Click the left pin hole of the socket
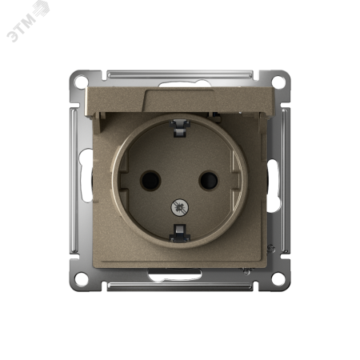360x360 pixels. tap(150, 181)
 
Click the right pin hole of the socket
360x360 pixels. tap(209, 181)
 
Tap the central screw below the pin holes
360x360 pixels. tap(179, 207)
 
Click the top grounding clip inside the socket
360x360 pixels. tap(180, 128)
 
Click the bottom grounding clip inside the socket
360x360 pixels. tap(180, 233)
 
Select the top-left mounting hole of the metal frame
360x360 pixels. tap(81, 82)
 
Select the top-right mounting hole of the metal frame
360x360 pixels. tap(278, 82)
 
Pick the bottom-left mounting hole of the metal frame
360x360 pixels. tap(81, 278)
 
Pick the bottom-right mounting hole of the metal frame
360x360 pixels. tap(278, 278)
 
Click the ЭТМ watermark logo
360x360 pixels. tap(28, 21)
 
